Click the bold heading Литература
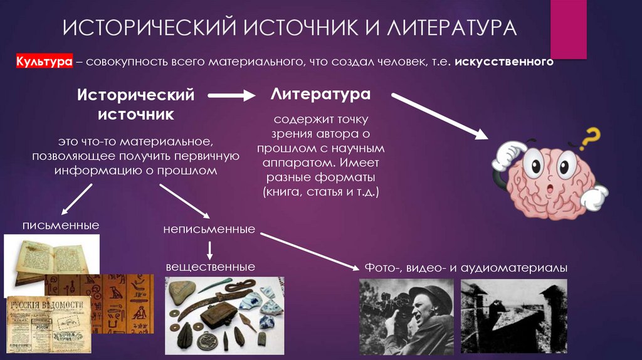tap(320, 95)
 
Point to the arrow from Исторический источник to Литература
tap(231, 96)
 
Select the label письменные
tap(60, 225)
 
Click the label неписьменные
tap(209, 229)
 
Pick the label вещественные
tap(210, 267)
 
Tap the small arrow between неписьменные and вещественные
tap(210, 249)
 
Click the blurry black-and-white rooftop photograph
tap(513, 317)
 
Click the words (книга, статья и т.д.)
tap(321, 191)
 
